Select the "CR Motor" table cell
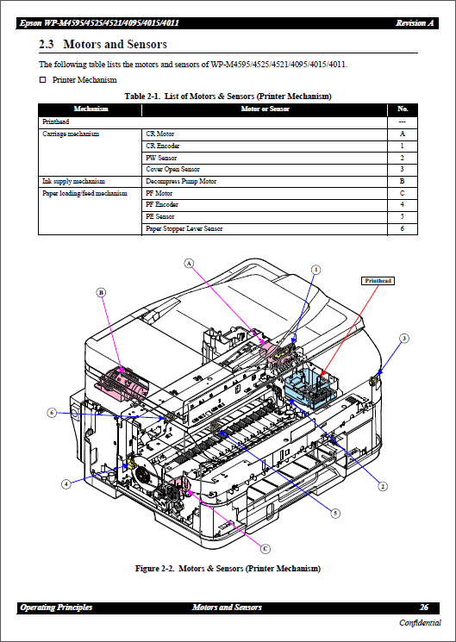click(x=160, y=134)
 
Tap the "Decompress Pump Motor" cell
click(x=181, y=182)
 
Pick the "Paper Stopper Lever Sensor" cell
click(x=184, y=228)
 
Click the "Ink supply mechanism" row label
click(x=73, y=182)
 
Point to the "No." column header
click(x=402, y=109)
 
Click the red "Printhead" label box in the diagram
click(x=378, y=281)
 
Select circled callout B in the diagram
click(x=101, y=293)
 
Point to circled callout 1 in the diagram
click(x=315, y=269)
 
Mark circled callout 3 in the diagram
click(x=403, y=338)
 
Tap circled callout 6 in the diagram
click(x=52, y=413)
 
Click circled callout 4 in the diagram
click(x=66, y=484)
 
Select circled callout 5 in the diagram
click(x=335, y=513)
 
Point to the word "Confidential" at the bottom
click(x=420, y=623)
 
